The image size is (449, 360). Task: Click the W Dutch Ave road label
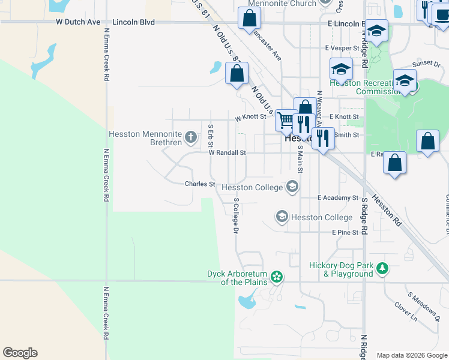tap(77, 22)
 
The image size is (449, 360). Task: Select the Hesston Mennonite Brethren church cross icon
tap(191, 138)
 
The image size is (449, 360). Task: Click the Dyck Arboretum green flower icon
tap(276, 277)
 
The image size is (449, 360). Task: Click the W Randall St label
tap(228, 153)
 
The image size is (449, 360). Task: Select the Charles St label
tap(200, 184)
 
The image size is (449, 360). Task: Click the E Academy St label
tap(338, 197)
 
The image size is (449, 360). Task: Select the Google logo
tap(20, 353)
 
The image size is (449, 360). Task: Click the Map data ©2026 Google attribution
tap(412, 355)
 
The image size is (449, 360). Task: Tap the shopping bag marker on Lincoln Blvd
tap(249, 19)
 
